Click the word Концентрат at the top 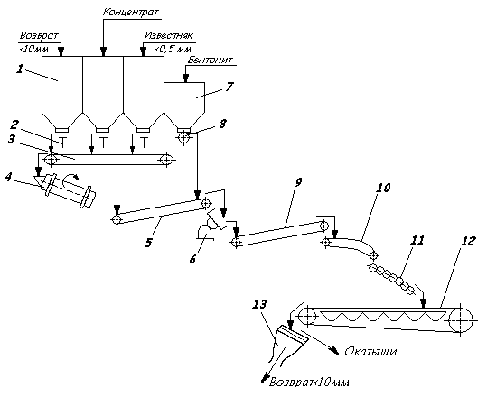click(131, 12)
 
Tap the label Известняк click(168, 35)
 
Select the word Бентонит click(210, 60)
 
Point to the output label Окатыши click(370, 351)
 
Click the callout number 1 click(20, 69)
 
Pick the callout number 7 click(229, 87)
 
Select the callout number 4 click(8, 178)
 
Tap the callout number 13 click(259, 304)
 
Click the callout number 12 click(468, 241)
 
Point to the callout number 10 click(383, 188)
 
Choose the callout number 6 click(192, 259)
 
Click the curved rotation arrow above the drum click(70, 178)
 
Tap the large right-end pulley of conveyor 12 click(460, 319)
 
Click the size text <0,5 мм click(173, 49)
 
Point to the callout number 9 click(297, 182)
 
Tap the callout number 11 click(417, 240)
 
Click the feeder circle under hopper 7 click(184, 137)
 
